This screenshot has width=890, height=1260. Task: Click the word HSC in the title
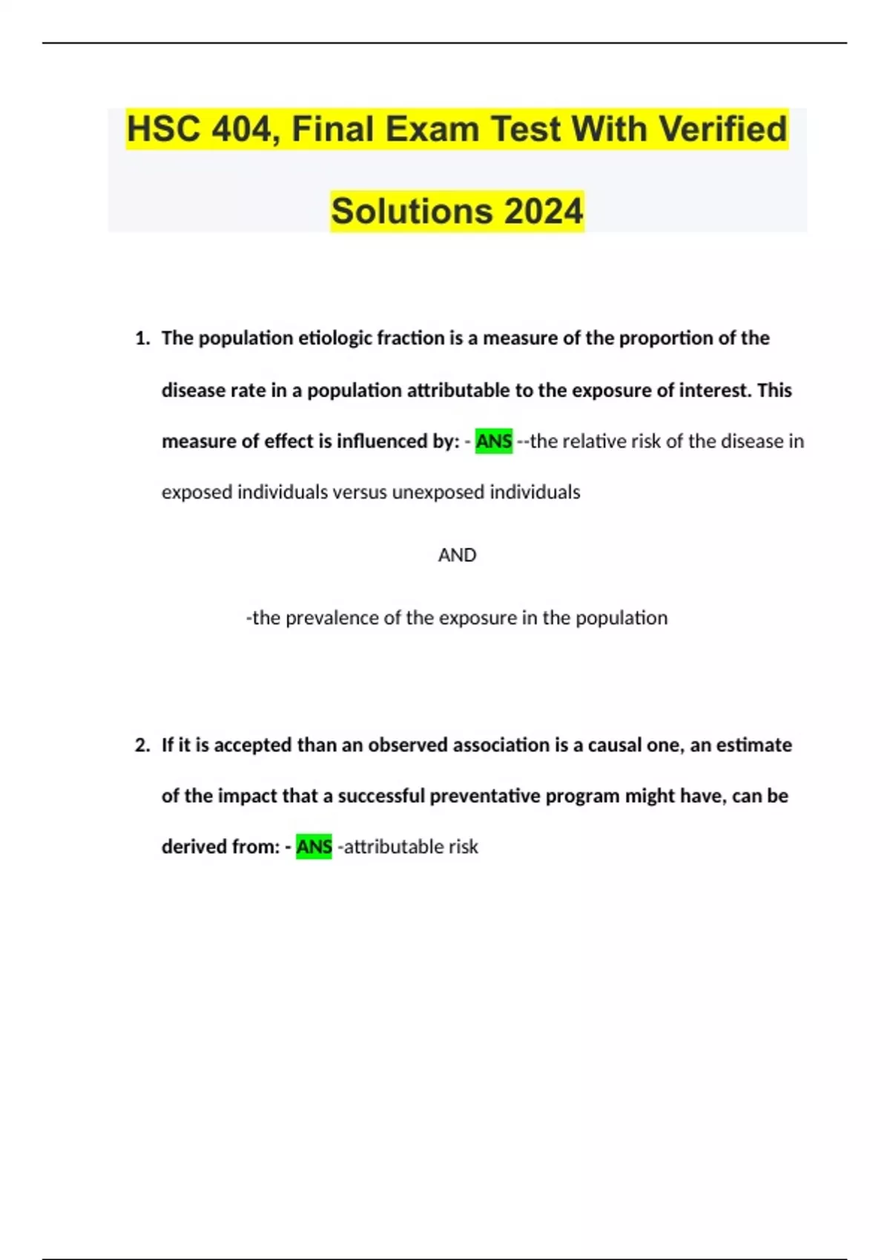click(x=163, y=129)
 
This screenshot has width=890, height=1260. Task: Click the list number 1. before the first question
click(x=142, y=339)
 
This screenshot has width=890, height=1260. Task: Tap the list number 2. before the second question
click(x=142, y=745)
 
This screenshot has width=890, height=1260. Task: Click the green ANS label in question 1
click(x=494, y=442)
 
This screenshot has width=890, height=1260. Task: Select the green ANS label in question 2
click(x=314, y=846)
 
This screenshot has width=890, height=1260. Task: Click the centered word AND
click(x=457, y=555)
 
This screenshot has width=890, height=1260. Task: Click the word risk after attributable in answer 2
click(x=464, y=846)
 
